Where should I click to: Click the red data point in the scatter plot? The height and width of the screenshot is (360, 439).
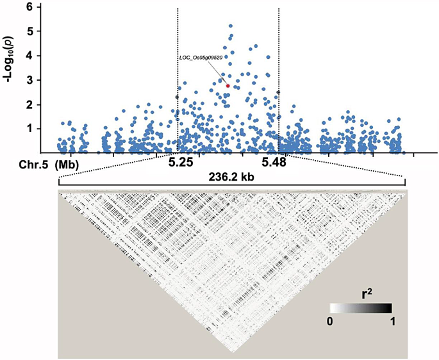click(228, 85)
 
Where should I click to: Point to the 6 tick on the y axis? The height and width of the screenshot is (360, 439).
click(29, 6)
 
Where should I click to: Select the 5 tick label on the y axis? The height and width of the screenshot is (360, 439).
click(29, 31)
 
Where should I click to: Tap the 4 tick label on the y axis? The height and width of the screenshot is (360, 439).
click(29, 56)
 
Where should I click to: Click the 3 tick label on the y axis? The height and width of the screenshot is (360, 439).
click(29, 80)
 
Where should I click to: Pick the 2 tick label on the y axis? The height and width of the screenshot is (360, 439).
click(29, 104)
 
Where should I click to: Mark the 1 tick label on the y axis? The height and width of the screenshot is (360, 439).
click(29, 129)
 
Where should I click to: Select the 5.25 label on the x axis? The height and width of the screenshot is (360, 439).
click(181, 163)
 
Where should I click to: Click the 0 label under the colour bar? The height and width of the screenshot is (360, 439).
click(332, 322)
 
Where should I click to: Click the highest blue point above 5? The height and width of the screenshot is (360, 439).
click(230, 26)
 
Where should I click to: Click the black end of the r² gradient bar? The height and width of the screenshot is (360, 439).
click(387, 308)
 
